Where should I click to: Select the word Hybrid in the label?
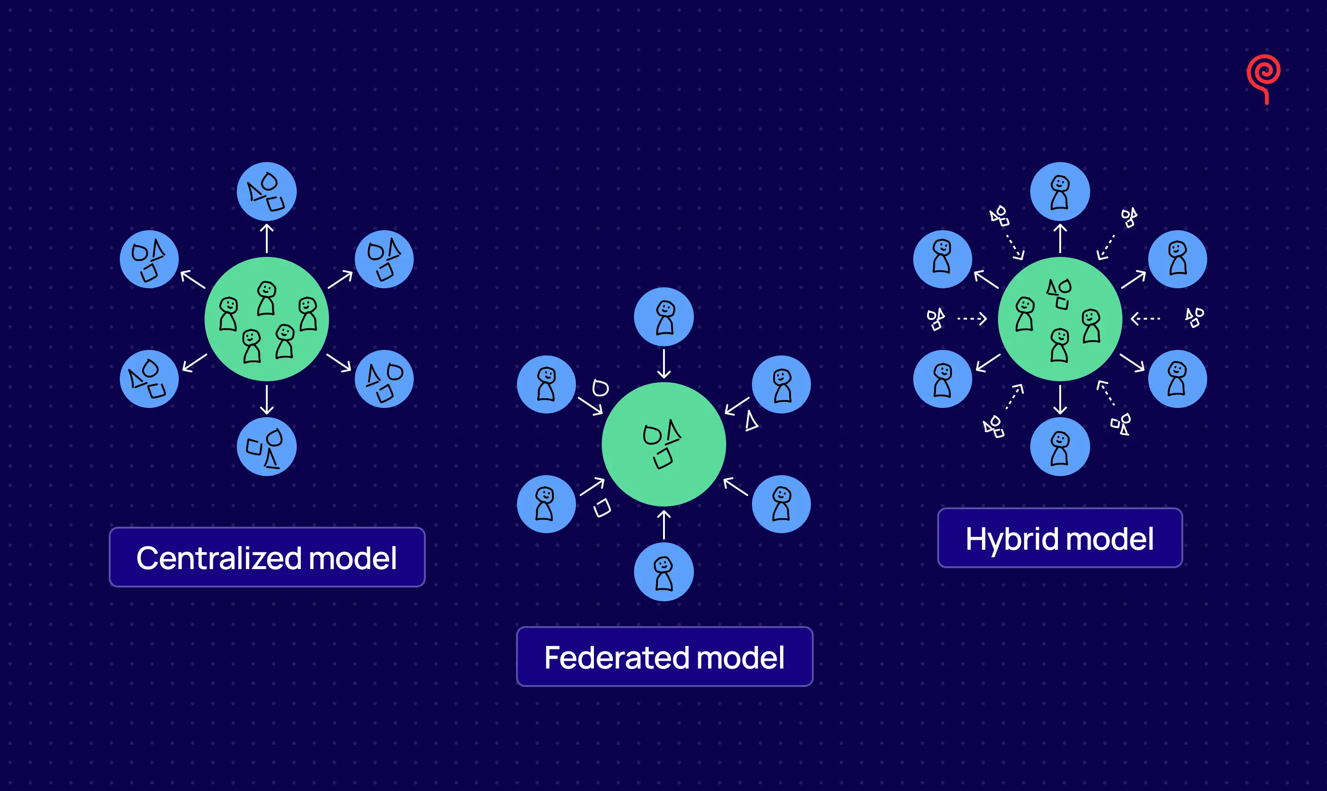(x=1011, y=538)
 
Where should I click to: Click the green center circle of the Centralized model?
(x=267, y=319)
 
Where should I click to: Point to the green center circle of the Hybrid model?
(x=1060, y=319)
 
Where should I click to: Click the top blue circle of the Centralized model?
(x=267, y=192)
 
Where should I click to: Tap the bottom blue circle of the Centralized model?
(x=267, y=447)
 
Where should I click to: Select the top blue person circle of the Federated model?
(x=663, y=317)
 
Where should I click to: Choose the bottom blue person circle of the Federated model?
(x=663, y=572)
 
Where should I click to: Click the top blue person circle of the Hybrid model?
(x=1060, y=192)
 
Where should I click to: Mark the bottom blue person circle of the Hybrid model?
(x=1060, y=447)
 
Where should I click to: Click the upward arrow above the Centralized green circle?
(x=267, y=238)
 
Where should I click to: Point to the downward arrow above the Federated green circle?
(x=663, y=364)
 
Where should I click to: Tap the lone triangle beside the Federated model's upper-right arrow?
(x=752, y=421)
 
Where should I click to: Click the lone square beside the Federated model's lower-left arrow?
(x=602, y=507)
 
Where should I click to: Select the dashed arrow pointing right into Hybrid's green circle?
(x=972, y=319)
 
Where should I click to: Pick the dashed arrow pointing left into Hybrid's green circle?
(x=1145, y=319)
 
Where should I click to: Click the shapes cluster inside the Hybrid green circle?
(x=1059, y=293)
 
